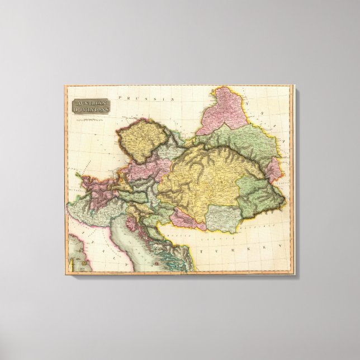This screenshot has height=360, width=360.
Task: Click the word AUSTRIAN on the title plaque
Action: pyautogui.click(x=90, y=102)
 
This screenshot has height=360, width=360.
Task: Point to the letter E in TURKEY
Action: pyautogui.click(x=276, y=245)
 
